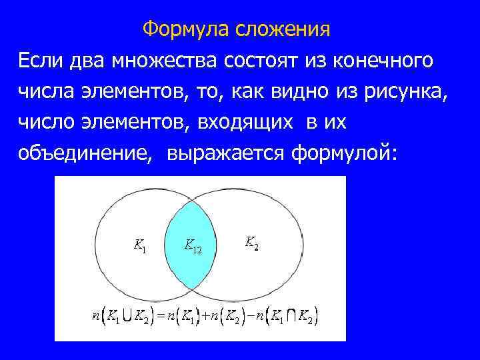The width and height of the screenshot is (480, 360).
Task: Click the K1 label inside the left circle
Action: click(x=140, y=246)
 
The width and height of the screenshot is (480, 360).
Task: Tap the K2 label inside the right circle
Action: click(x=252, y=242)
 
